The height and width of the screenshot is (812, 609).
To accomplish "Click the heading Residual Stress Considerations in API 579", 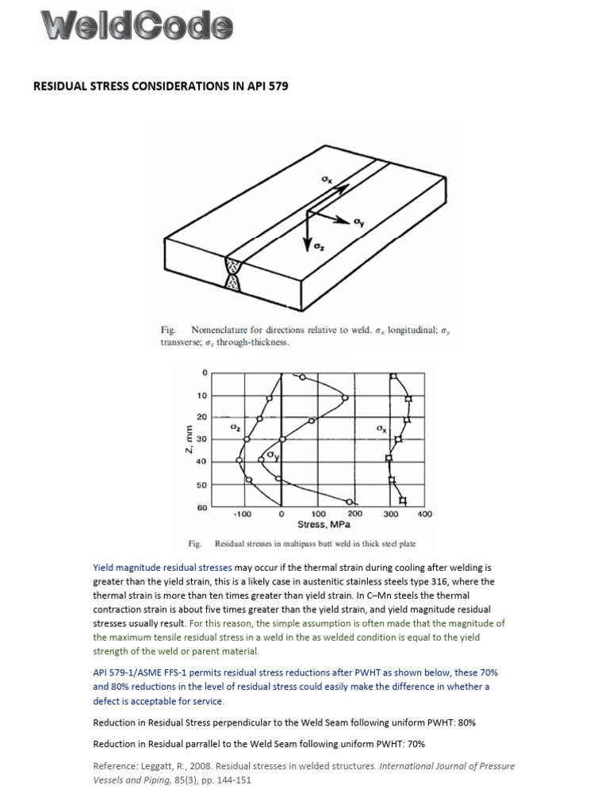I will (x=159, y=85).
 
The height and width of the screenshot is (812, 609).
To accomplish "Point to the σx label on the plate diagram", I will (x=326, y=181).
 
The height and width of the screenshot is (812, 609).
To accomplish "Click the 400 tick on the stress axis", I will (x=424, y=515).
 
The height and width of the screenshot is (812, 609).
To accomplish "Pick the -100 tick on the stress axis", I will (x=243, y=515).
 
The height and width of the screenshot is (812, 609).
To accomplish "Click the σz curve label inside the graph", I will (x=235, y=427).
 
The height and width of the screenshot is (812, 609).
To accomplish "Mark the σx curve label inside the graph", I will (x=381, y=429).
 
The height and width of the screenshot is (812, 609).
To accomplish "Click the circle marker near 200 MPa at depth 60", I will (x=350, y=500).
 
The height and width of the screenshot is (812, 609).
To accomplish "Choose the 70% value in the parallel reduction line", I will (x=416, y=744).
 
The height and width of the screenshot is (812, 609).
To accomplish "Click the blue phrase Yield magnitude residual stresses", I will (x=163, y=568).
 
